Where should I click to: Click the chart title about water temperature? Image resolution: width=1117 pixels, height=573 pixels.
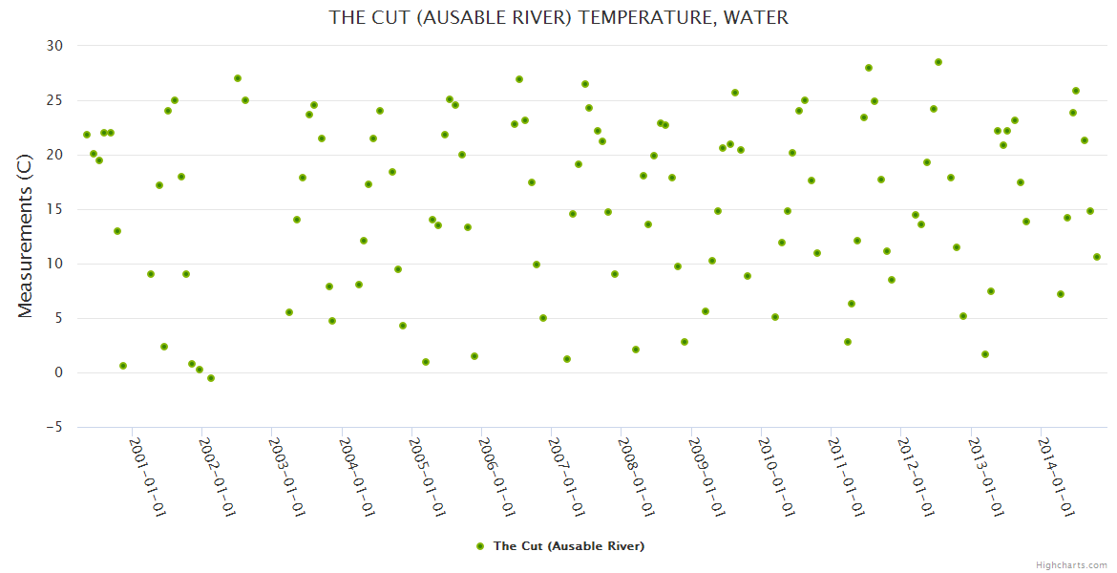[558, 17]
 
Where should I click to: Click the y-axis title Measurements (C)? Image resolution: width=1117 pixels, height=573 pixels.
[26, 236]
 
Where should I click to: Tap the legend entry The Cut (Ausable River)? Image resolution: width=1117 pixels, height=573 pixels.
[568, 546]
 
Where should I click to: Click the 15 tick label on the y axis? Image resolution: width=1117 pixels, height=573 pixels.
[54, 209]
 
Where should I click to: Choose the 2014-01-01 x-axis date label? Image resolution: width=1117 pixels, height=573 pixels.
[1055, 477]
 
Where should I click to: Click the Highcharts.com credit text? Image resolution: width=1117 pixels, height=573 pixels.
[1071, 565]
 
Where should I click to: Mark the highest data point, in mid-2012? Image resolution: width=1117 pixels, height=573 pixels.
[938, 62]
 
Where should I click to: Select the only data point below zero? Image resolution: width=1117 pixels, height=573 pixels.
[211, 378]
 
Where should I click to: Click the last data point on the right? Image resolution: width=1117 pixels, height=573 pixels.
[1097, 257]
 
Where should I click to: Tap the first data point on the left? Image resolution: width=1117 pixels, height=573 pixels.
[87, 135]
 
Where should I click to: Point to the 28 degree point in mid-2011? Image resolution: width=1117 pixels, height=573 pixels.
[869, 68]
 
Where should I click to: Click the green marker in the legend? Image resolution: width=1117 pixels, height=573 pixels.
[480, 546]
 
